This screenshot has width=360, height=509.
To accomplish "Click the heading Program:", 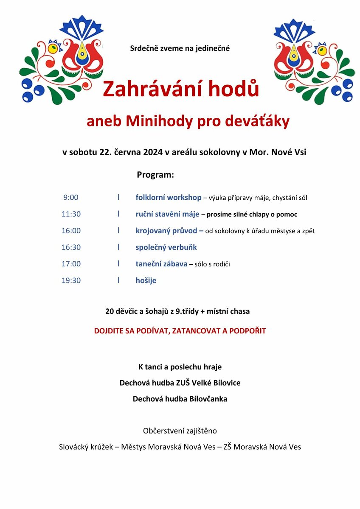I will [155, 175].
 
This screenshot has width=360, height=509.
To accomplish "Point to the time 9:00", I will [71, 198].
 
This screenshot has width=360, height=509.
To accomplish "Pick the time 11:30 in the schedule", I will [71, 214].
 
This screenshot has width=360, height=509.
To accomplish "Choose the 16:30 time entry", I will [71, 247].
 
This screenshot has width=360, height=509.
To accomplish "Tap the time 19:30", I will [71, 280].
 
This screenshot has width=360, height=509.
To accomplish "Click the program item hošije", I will [146, 280].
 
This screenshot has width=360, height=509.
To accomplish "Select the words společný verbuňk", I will [166, 247].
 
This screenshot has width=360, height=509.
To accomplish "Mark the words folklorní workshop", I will [169, 198].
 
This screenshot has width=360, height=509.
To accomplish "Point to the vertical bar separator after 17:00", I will [118, 264].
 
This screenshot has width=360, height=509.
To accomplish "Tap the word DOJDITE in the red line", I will [111, 331].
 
